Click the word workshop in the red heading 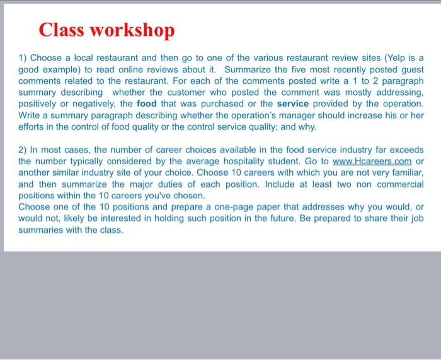coord(134,30)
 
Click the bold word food coord(147,104)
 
